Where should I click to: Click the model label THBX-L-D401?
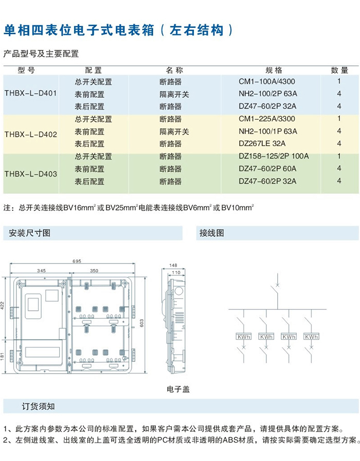point(30,94)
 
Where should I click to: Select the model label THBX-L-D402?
point(30,135)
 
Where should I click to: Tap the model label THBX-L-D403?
point(30,174)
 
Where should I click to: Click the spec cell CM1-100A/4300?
point(267,81)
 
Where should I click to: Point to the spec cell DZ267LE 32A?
point(262,144)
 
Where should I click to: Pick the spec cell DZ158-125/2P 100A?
point(274,156)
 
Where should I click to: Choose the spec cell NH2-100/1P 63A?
point(268,131)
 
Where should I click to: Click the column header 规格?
point(274,70)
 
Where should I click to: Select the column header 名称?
point(174,70)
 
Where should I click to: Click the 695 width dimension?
point(77,261)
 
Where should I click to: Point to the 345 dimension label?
point(42,270)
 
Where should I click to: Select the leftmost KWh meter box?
point(243,336)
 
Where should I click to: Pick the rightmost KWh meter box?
point(311,336)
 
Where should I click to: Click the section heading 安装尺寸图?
point(30,233)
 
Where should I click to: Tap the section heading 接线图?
point(212,233)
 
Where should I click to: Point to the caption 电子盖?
point(178,389)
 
